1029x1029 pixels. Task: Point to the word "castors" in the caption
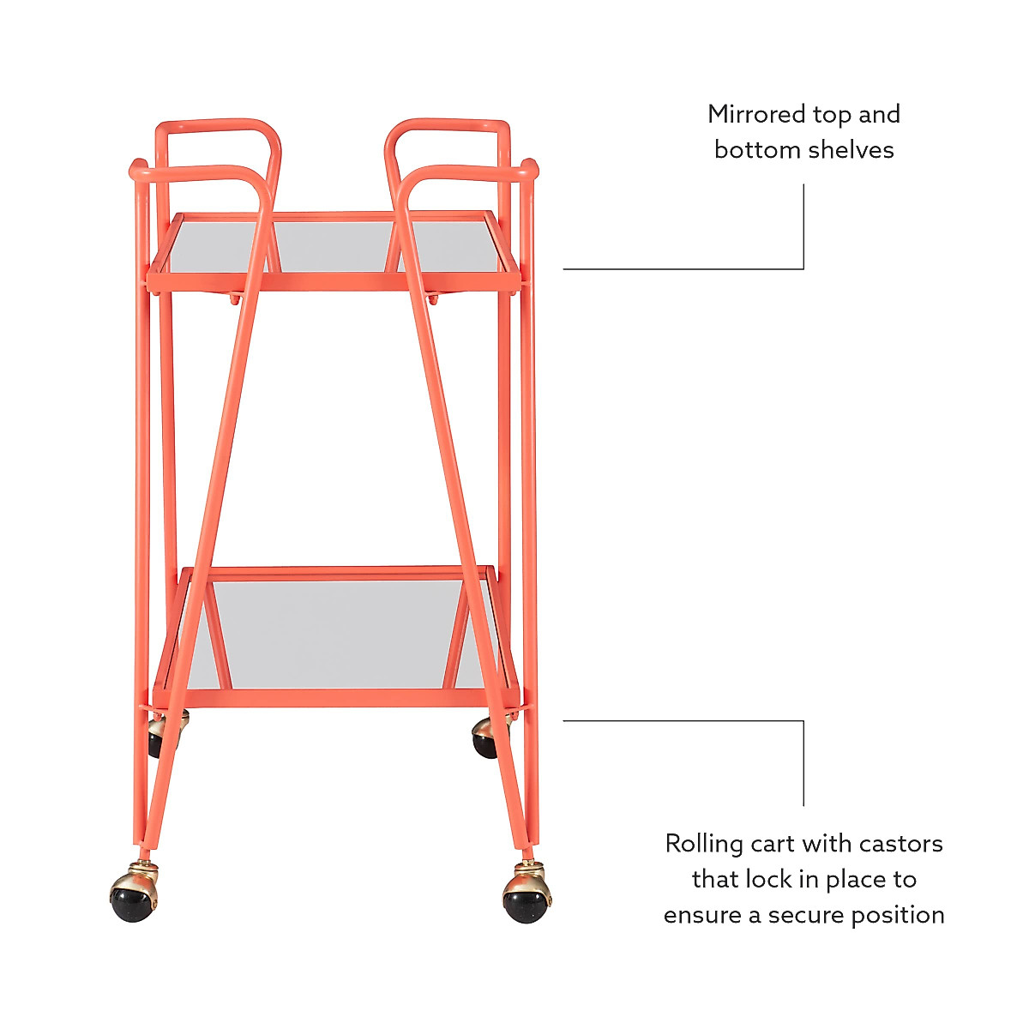[900, 844]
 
